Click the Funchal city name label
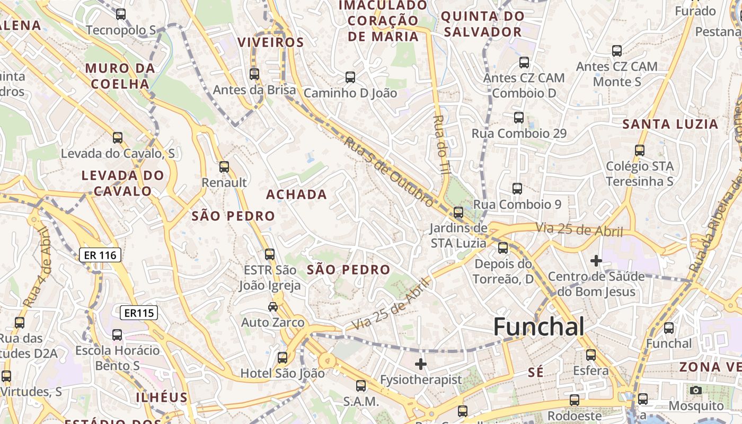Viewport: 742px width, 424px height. [539, 327]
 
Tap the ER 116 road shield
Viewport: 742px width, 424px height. [100, 255]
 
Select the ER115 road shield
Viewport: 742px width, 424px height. [139, 313]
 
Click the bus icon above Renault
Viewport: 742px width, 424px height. [224, 167]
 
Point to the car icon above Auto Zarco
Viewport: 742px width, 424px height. [273, 306]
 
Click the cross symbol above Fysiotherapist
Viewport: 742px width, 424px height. [421, 364]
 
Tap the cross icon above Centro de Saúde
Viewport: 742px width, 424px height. [596, 261]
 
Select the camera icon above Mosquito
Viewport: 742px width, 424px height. [696, 391]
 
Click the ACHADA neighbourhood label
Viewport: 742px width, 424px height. [296, 195]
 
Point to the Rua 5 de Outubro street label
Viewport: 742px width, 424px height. [388, 172]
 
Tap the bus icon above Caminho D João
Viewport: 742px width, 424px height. [350, 77]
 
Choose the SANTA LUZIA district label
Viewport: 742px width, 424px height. [670, 125]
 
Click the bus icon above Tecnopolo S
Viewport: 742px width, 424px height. [121, 14]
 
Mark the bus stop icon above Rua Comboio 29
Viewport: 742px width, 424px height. [519, 118]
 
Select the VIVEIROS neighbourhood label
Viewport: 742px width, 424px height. [270, 43]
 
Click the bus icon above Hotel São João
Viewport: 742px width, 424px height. [282, 358]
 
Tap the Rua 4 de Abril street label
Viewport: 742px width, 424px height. [37, 268]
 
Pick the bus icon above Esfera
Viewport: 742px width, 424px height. [590, 355]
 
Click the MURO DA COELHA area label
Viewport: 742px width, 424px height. [120, 76]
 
